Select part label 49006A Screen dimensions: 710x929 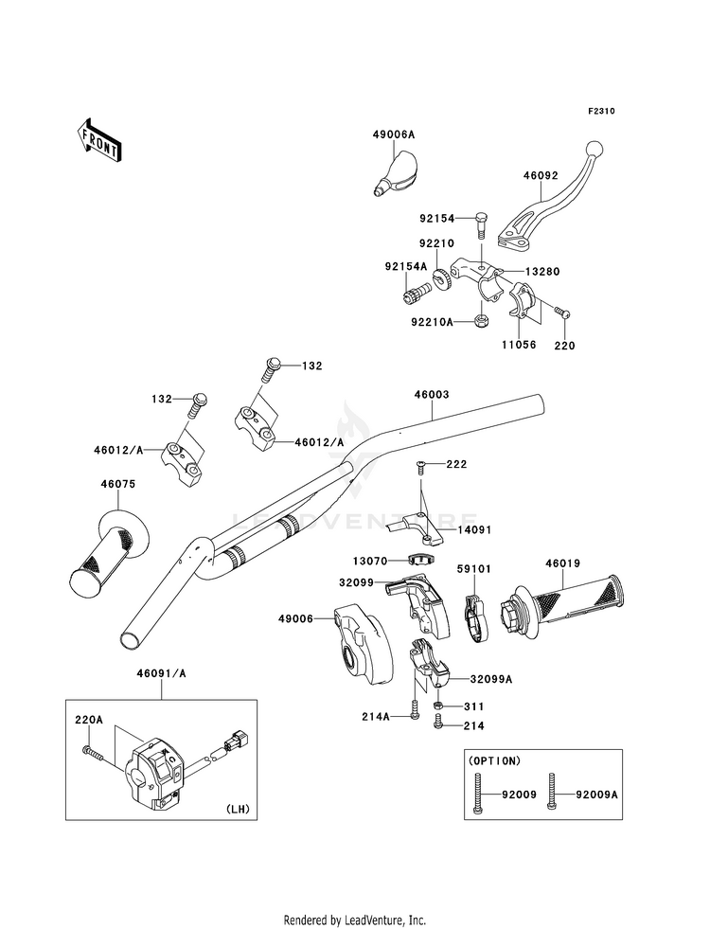coord(394,135)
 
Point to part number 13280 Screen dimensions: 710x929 coord(542,272)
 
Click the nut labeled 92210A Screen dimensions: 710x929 coord(481,322)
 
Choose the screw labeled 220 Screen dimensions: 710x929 coord(561,312)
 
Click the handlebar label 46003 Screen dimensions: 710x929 coord(432,395)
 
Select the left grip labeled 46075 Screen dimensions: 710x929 coord(107,551)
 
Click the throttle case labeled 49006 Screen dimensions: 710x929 coord(363,644)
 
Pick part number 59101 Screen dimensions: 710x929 coord(473,569)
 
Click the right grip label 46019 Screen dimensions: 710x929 coord(562,564)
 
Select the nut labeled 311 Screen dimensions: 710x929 coord(438,706)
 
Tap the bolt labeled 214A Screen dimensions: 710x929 coord(415,710)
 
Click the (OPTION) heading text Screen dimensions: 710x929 coord(494,760)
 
